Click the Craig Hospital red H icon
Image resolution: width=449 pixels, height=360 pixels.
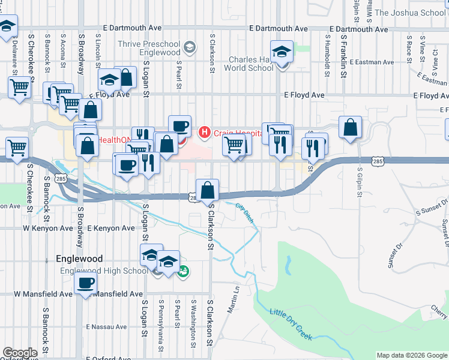pyautogui.click(x=204, y=131)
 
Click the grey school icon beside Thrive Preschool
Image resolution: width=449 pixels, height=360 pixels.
pyautogui.click(x=190, y=47)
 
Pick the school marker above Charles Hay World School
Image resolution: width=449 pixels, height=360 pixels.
pyautogui.click(x=281, y=52)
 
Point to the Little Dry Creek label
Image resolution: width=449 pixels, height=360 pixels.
pyautogui.click(x=291, y=323)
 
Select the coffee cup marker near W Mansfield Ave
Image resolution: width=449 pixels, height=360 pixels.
pyautogui.click(x=85, y=284)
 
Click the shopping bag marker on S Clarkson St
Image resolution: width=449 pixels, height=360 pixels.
pyautogui.click(x=207, y=190)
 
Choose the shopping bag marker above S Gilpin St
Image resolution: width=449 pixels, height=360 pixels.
pyautogui.click(x=351, y=127)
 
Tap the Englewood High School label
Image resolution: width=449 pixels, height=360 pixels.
pyautogui.click(x=104, y=271)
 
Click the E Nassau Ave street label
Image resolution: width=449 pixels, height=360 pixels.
pyautogui.click(x=106, y=327)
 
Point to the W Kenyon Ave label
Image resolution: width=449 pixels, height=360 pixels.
pyautogui.click(x=48, y=229)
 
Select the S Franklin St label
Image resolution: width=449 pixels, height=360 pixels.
pyautogui.click(x=344, y=56)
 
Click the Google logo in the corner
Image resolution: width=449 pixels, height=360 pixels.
pyautogui.click(x=20, y=353)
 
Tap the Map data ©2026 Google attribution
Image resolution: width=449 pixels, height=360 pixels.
pyautogui.click(x=412, y=355)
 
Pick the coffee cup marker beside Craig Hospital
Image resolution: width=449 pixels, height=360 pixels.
pyautogui.click(x=179, y=126)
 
